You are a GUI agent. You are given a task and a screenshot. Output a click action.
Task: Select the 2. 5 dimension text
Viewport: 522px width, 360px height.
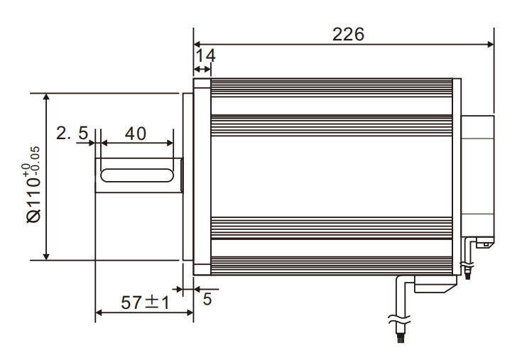click(72, 133)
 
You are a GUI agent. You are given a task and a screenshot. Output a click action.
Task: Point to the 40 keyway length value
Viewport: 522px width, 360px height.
click(135, 133)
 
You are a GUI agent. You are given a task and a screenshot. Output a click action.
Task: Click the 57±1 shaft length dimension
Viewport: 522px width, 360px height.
click(144, 303)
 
